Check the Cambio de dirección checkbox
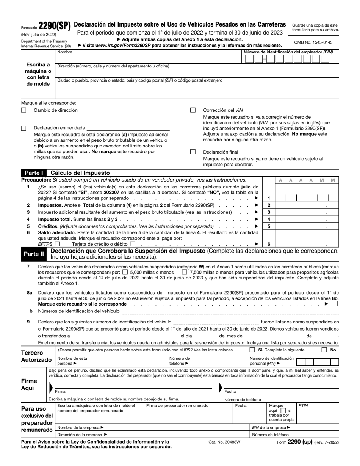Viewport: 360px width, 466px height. coord(23,110)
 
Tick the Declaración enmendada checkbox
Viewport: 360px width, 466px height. coord(23,128)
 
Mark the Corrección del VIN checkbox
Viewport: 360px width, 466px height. coord(193,110)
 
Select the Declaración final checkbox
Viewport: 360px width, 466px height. coord(193,152)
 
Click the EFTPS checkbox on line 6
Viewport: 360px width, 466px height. coord(57,244)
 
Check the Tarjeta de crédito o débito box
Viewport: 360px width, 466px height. coord(132,244)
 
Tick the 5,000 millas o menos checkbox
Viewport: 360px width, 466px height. coord(125,272)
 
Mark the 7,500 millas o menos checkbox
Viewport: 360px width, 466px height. coord(185,272)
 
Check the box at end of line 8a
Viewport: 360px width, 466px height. coord(335,303)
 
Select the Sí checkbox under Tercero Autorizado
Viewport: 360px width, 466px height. coord(252,350)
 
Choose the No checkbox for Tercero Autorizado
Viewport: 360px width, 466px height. coord(324,350)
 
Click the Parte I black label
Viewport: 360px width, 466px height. coord(34,173)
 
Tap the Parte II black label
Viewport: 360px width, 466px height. coord(34,254)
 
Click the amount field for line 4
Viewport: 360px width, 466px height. coord(307,219)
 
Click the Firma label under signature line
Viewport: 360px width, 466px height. coord(60,391)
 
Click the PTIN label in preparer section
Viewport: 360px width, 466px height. coord(303,406)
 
